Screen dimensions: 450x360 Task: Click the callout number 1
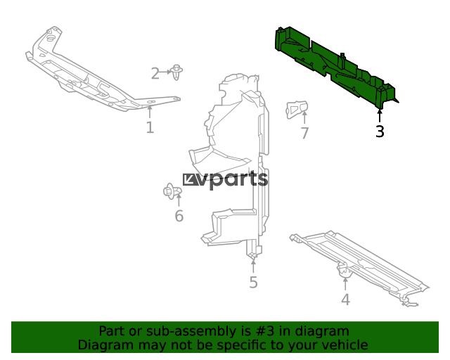150,127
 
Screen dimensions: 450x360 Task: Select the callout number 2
155,74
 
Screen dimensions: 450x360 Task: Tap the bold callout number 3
380,131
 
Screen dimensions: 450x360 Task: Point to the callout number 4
345,300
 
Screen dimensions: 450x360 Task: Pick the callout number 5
253,283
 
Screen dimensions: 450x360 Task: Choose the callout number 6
179,216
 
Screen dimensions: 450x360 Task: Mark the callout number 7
304,133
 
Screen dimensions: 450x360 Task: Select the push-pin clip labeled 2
176,72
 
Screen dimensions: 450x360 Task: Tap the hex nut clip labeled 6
172,191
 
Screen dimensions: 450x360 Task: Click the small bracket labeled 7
297,109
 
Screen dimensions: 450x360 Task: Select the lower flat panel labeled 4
359,267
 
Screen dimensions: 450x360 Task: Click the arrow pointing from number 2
165,72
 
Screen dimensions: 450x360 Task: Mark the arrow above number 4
345,283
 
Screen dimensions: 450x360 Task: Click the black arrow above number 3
380,116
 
